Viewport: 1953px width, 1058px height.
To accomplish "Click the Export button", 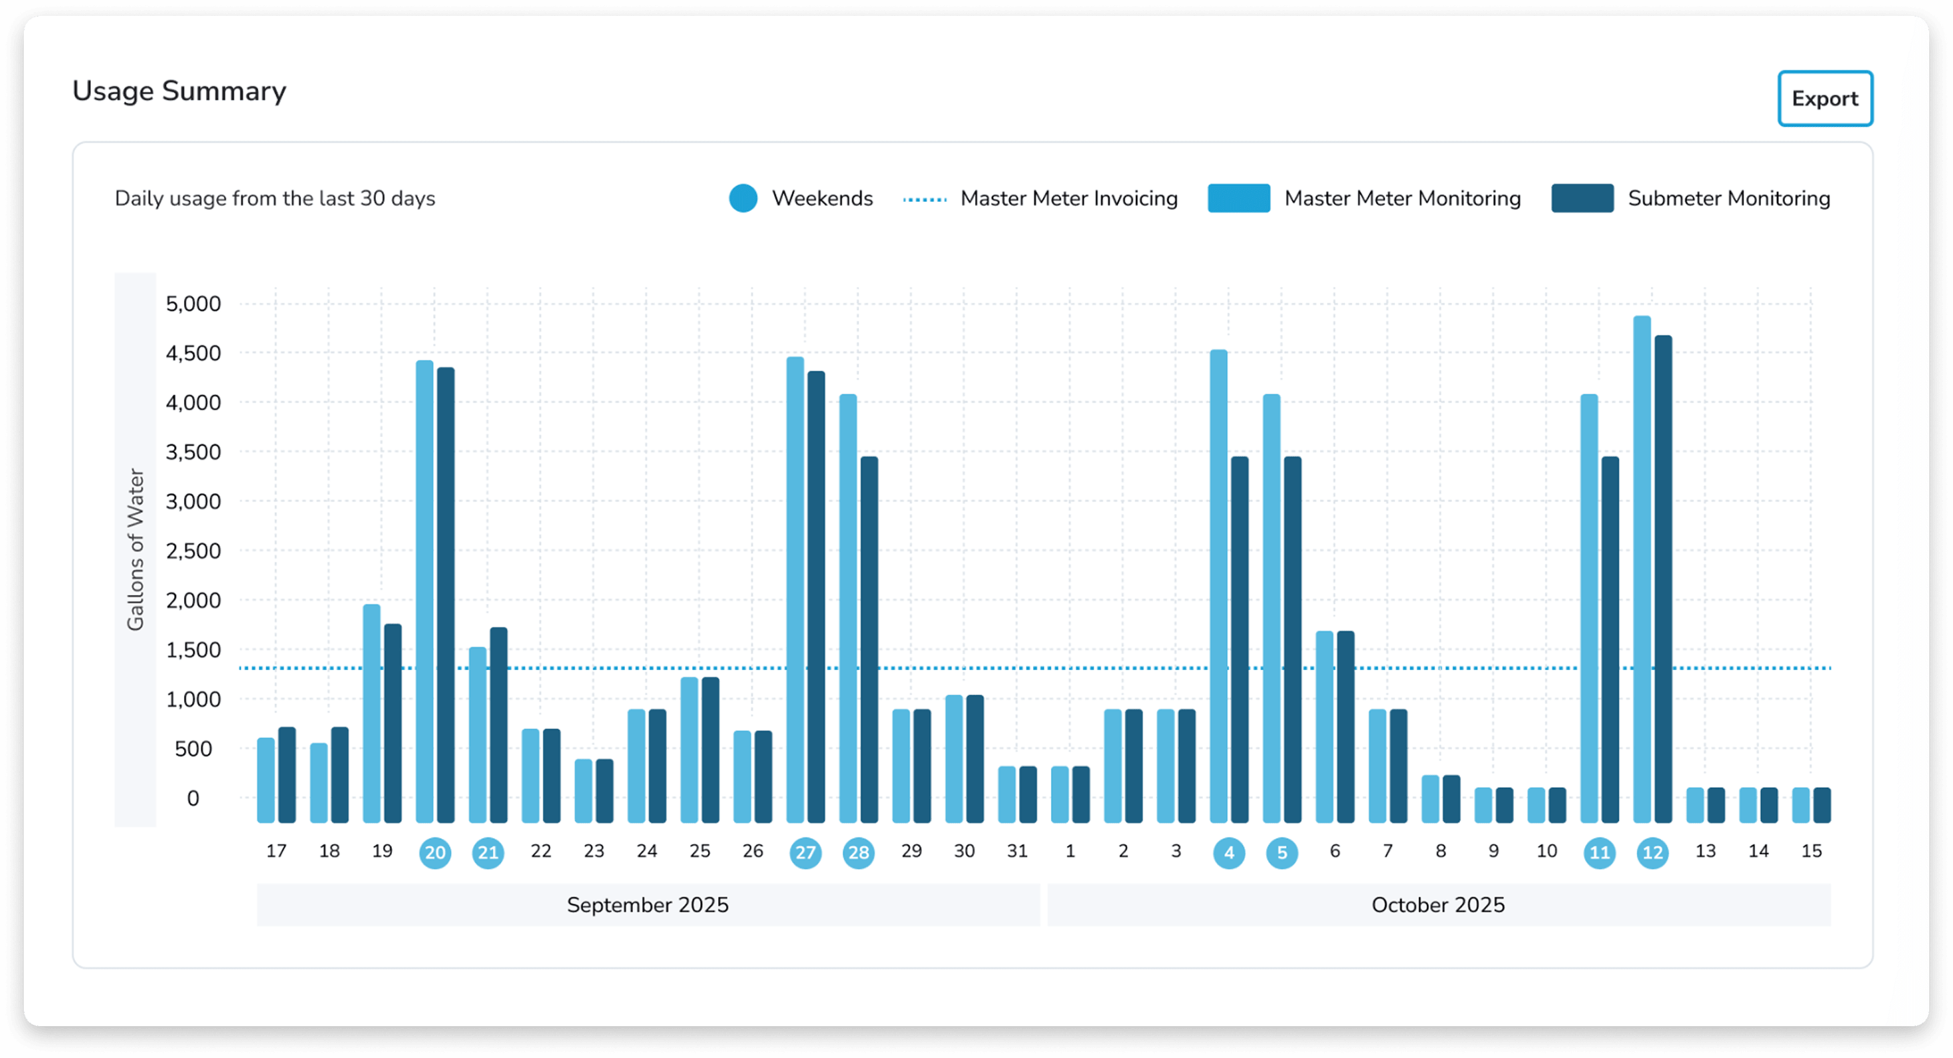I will tap(1824, 98).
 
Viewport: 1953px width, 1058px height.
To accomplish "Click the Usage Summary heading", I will tap(179, 91).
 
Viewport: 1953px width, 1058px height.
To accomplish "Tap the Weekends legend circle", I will tap(743, 199).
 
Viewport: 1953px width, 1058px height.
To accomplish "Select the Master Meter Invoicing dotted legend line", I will tap(925, 199).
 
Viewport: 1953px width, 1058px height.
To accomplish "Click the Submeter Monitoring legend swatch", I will tap(1582, 199).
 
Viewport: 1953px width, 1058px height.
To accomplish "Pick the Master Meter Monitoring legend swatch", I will tap(1238, 199).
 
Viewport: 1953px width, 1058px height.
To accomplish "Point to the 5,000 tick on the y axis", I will tap(193, 304).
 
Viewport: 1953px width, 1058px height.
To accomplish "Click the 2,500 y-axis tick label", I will tap(193, 551).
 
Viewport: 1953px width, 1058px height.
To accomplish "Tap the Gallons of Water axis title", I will tap(135, 549).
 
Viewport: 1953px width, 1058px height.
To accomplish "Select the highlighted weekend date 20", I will tap(435, 853).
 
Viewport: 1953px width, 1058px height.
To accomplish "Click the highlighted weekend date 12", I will tap(1652, 853).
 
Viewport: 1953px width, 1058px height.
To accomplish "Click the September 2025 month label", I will tap(648, 905).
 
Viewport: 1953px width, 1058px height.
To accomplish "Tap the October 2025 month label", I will tap(1438, 905).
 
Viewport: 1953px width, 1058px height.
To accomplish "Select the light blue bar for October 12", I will tap(1641, 569).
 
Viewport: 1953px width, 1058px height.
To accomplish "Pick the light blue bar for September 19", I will tap(371, 713).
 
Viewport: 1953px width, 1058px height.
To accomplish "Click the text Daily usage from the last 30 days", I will tap(274, 199).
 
